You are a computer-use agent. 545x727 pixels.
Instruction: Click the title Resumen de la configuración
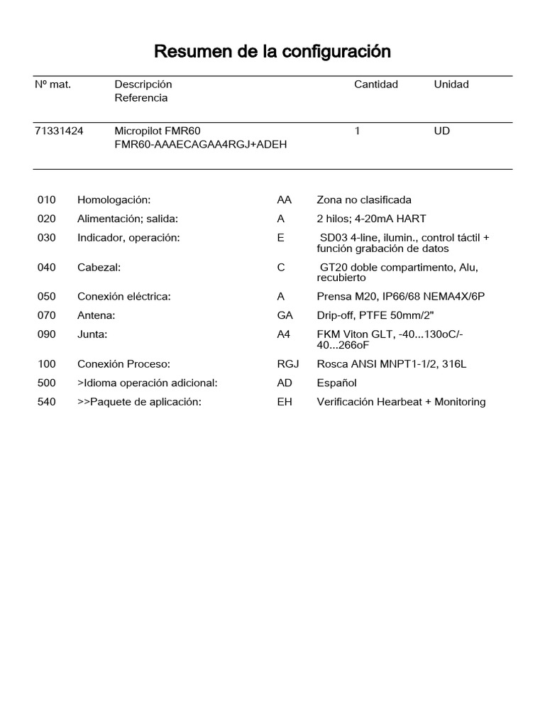[272, 52]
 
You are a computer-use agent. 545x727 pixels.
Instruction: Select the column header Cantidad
[376, 84]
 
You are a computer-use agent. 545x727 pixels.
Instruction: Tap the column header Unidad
[451, 84]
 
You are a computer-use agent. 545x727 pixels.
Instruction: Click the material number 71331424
[59, 131]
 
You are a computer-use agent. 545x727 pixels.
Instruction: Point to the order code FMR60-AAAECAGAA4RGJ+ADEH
[201, 145]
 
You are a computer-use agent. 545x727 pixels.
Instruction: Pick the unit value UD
[442, 131]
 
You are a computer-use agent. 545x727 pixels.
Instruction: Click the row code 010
[46, 200]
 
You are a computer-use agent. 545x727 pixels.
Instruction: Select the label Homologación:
[114, 200]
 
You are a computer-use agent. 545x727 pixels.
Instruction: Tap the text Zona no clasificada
[364, 200]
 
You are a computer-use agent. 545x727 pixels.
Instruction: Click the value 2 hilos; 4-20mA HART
[371, 219]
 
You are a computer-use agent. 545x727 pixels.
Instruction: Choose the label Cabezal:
[99, 268]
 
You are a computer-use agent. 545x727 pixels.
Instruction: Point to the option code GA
[285, 315]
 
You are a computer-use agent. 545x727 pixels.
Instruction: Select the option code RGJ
[288, 365]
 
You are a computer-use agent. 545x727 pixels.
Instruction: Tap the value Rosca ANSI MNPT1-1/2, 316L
[392, 365]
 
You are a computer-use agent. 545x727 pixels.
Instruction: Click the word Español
[337, 383]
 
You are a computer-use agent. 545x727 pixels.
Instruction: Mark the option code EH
[284, 402]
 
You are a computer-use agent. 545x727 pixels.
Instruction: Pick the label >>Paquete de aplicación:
[139, 402]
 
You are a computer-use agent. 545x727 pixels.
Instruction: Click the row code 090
[46, 334]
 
